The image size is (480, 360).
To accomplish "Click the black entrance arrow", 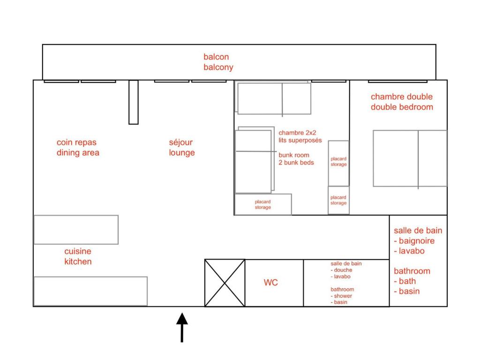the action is tap(182, 327).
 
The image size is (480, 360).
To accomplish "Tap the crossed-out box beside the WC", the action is tap(225, 283).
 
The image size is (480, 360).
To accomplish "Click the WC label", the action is tap(270, 282).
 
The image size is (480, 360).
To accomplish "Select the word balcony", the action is tap(218, 67).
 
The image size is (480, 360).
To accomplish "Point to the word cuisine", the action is tap(78, 251).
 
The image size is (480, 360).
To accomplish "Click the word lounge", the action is tap(182, 153).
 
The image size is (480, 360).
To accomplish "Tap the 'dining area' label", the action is tap(78, 152).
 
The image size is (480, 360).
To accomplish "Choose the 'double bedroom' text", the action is tap(402, 107).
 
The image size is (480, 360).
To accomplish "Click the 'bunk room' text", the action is tap(294, 155).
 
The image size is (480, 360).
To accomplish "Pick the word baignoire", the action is tap(417, 241).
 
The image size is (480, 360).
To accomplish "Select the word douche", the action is tap(343, 270).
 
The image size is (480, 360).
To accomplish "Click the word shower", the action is tap(343, 296).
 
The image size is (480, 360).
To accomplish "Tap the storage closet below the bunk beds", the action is tap(263, 204).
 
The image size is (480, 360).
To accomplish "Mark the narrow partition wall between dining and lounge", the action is tap(134, 102).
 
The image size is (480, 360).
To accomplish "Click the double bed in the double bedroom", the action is tap(410, 158).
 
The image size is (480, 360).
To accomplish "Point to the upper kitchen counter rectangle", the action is tap(76, 230).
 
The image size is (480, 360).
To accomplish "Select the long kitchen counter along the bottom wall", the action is tap(90, 291).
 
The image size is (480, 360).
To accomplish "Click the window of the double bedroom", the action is tap(397, 82).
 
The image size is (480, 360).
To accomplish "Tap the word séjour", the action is tap(180, 142).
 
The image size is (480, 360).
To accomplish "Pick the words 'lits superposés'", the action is tap(300, 140).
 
